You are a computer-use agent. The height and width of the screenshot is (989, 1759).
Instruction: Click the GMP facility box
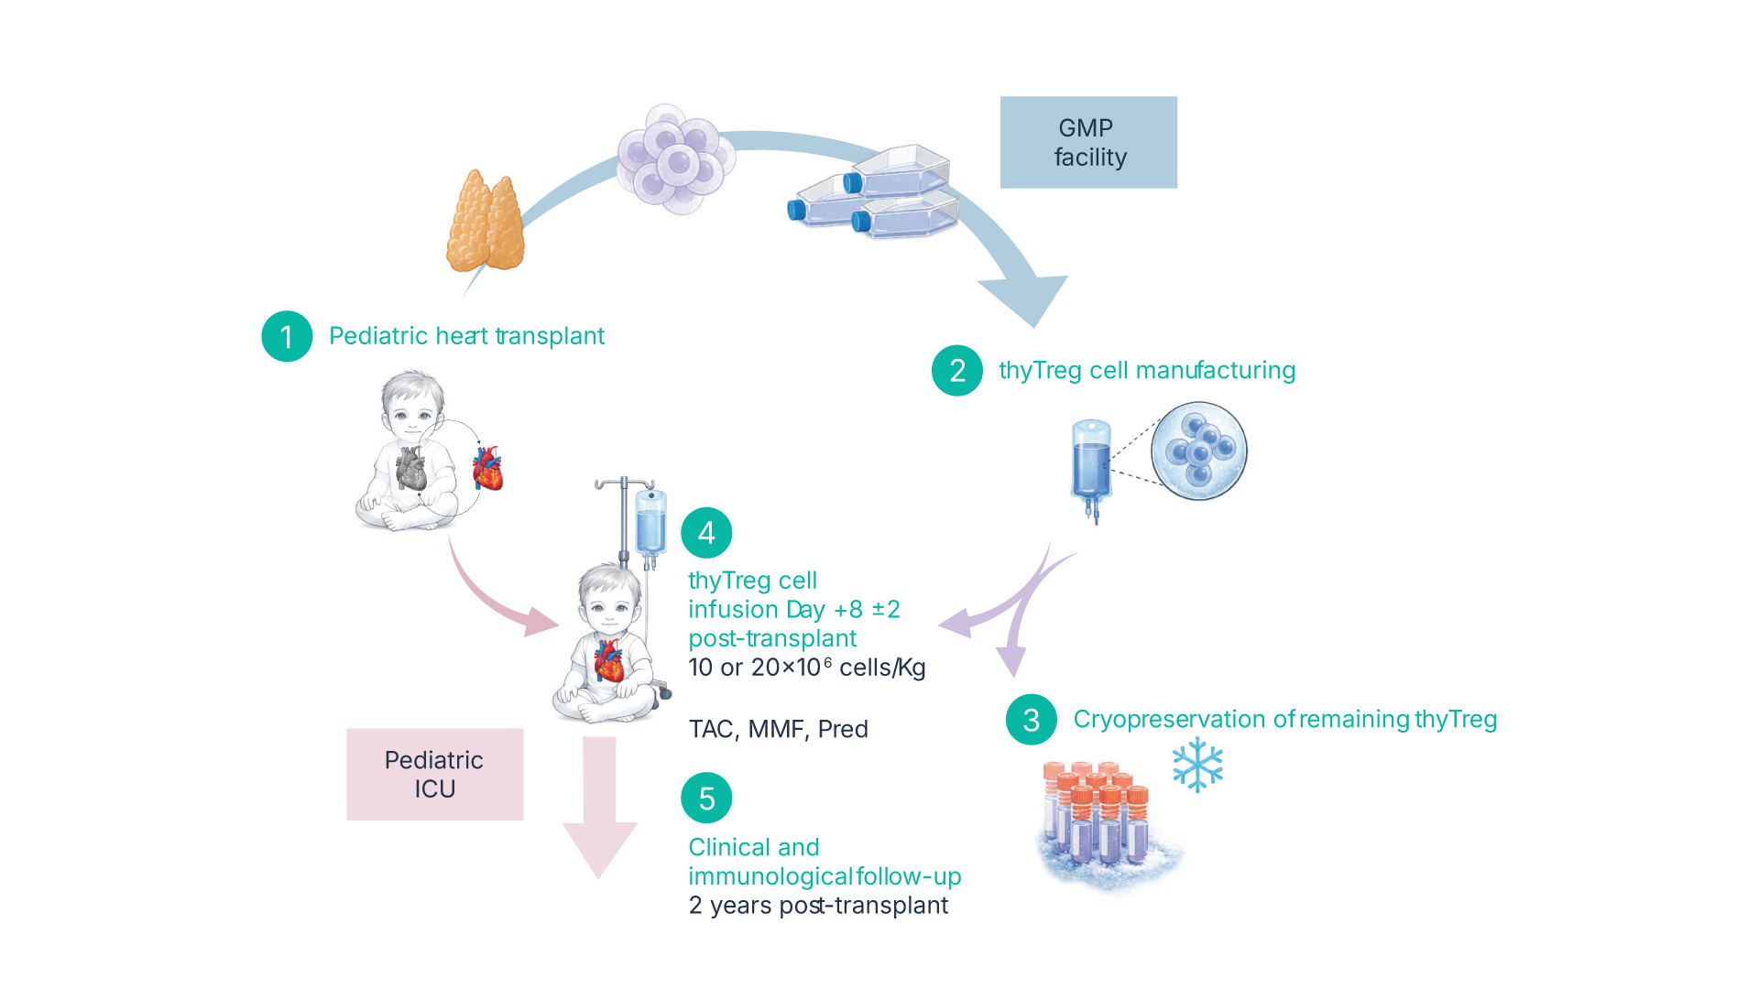pyautogui.click(x=1088, y=143)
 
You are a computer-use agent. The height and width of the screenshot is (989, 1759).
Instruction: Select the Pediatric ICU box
pyautogui.click(x=434, y=774)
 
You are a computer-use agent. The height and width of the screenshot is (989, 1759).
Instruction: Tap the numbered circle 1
pyautogui.click(x=287, y=336)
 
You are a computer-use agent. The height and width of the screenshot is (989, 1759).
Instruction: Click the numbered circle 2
pyautogui.click(x=957, y=371)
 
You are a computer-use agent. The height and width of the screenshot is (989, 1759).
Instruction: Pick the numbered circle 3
pyautogui.click(x=1031, y=720)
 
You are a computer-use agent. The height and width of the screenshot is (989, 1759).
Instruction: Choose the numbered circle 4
pyautogui.click(x=706, y=533)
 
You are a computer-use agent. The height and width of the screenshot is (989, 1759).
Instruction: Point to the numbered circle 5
pyautogui.click(x=706, y=799)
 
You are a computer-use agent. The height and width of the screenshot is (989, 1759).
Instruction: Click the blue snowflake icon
pyautogui.click(x=1197, y=765)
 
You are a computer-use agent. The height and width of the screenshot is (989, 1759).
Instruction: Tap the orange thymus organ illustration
pyautogui.click(x=486, y=223)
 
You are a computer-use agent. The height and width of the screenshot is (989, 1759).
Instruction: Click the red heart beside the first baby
pyautogui.click(x=487, y=468)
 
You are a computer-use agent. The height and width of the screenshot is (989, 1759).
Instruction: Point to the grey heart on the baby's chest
pyautogui.click(x=410, y=468)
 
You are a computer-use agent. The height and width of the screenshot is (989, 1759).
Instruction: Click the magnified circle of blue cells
pyautogui.click(x=1199, y=451)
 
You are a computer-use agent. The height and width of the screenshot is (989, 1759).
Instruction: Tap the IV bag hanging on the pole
pyautogui.click(x=650, y=524)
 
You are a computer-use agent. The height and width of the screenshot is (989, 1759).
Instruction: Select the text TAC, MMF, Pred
pyautogui.click(x=778, y=730)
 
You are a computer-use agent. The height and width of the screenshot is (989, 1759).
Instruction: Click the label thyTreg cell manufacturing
pyautogui.click(x=1146, y=371)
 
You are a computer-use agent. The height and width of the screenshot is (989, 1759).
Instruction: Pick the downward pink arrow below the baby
pyautogui.click(x=599, y=806)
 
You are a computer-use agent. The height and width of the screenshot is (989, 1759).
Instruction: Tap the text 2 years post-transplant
pyautogui.click(x=818, y=906)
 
